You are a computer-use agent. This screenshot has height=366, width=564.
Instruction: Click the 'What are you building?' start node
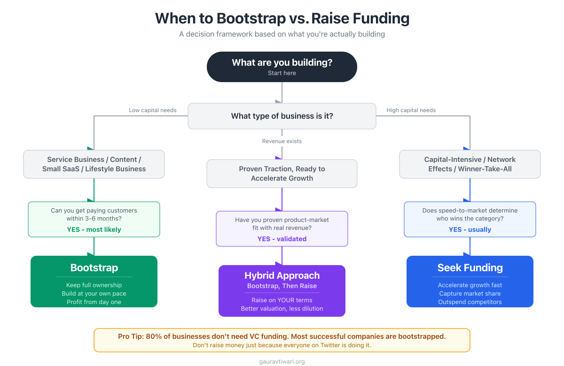tap(282, 67)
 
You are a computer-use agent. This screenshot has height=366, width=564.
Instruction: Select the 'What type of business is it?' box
tap(282, 116)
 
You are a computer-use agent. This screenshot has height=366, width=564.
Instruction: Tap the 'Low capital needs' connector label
tap(153, 110)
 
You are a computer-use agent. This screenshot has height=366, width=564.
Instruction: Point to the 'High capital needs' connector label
tap(411, 110)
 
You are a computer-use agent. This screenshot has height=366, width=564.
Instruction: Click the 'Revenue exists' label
tap(282, 141)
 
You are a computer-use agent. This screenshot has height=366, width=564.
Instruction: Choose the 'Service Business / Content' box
tap(94, 164)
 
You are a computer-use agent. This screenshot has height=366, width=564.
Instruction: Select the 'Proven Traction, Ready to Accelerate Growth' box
tap(282, 174)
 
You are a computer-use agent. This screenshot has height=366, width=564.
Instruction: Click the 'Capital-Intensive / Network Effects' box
tap(470, 164)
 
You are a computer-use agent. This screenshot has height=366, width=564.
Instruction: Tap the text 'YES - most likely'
tap(94, 229)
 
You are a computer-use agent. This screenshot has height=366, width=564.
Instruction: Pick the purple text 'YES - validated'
tap(282, 239)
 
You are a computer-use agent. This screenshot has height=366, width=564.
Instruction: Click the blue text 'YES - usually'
tap(470, 229)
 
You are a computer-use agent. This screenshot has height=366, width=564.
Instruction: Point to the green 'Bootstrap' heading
tap(94, 268)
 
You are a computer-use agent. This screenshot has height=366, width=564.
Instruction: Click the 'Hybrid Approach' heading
tap(282, 275)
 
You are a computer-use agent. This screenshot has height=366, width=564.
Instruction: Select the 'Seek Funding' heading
tap(470, 268)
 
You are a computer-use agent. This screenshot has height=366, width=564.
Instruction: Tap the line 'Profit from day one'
tap(94, 302)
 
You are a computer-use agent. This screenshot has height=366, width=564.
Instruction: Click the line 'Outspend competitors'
tap(470, 302)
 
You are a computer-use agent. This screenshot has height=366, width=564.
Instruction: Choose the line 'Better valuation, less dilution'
tap(282, 309)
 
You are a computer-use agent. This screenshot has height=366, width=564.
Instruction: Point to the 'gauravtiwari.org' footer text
tap(282, 362)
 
